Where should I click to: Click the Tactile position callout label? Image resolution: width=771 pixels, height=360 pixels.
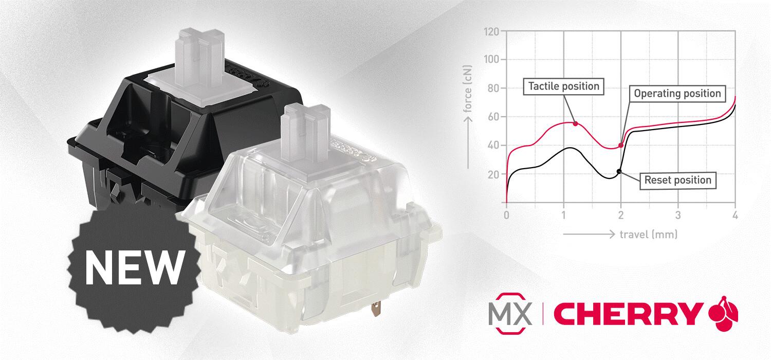[x=563, y=86]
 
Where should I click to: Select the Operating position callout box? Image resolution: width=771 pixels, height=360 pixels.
[x=677, y=94]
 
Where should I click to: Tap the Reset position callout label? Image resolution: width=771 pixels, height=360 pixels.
[x=678, y=180]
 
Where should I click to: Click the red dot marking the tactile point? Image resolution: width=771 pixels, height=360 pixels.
[x=576, y=123]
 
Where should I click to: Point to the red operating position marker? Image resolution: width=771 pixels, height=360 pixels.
[x=621, y=145]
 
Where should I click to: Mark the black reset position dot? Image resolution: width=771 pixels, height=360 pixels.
[x=619, y=171]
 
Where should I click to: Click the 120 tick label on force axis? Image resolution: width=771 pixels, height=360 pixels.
[x=491, y=32]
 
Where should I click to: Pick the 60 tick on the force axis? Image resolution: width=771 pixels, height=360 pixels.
[x=493, y=117]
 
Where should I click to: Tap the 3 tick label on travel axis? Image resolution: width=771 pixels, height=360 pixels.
[x=678, y=215]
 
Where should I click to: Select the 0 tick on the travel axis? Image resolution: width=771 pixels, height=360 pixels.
[x=506, y=215]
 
